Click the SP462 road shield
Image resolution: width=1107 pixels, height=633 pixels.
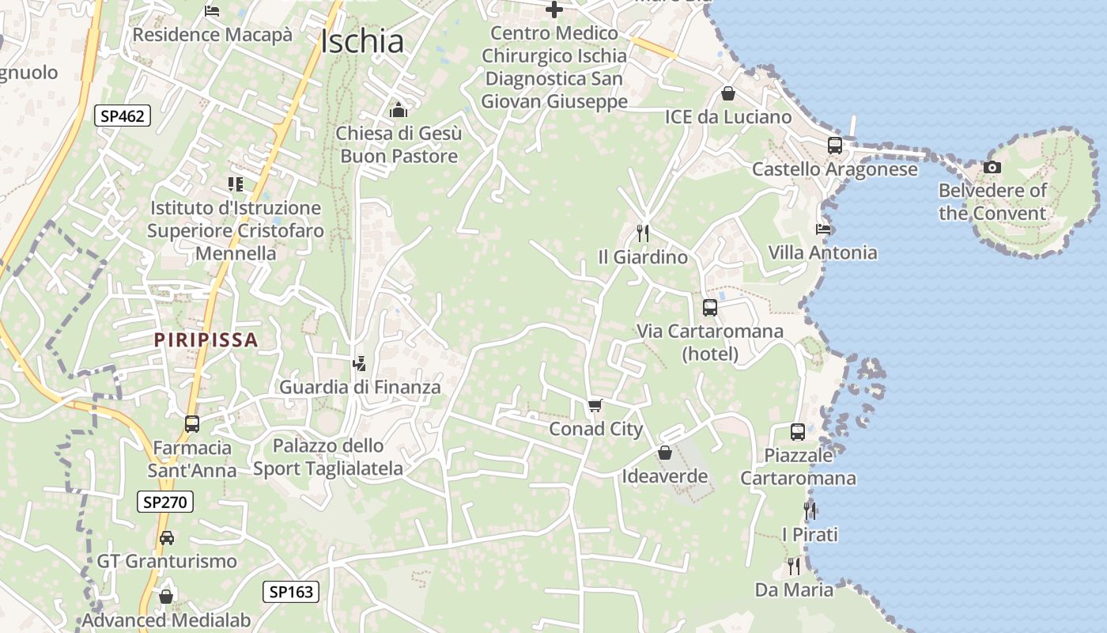click(123, 116)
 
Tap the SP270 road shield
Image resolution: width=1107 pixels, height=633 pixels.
click(164, 502)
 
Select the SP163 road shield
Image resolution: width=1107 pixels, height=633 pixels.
click(290, 591)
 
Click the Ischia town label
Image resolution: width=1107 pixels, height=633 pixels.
click(362, 41)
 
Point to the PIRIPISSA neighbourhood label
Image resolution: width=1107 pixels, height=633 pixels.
click(206, 340)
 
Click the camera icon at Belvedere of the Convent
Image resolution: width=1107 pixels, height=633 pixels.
click(992, 167)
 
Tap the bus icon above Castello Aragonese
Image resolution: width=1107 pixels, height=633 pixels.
click(834, 146)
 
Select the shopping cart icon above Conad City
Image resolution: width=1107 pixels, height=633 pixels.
click(595, 406)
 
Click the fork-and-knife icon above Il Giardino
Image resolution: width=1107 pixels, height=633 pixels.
click(643, 233)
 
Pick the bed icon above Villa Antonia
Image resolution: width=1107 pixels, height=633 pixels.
click(823, 229)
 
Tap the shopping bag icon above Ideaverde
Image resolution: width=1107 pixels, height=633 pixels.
click(664, 453)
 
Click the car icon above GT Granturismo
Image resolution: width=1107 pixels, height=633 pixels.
click(167, 538)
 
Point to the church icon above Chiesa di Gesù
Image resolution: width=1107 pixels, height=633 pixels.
click(399, 109)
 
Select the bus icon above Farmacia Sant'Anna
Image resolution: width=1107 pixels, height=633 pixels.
click(192, 424)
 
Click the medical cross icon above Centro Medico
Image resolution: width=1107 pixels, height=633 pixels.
click(554, 9)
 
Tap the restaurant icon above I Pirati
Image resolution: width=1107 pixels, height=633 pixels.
click(810, 511)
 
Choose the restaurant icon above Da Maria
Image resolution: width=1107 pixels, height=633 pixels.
click(793, 567)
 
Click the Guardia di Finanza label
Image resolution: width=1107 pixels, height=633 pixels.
click(360, 388)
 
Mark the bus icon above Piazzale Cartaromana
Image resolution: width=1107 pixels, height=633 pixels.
click(797, 432)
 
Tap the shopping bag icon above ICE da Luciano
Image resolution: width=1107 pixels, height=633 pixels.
click(727, 93)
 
